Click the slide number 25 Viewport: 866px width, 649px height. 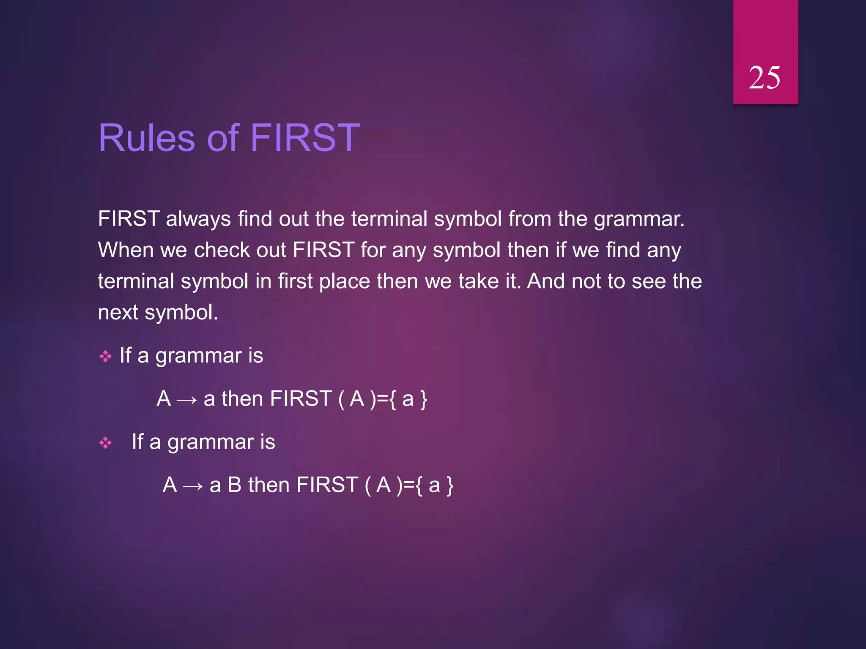(x=764, y=78)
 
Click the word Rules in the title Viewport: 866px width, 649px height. (x=146, y=138)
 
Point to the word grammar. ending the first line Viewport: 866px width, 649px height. (x=639, y=219)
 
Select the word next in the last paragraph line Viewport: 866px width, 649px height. (x=118, y=313)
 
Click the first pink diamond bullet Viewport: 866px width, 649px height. (x=105, y=357)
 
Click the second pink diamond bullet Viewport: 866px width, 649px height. (x=105, y=443)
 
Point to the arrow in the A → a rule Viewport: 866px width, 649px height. (x=187, y=400)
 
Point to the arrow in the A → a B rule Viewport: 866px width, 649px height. (x=193, y=486)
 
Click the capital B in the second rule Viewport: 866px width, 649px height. (x=234, y=485)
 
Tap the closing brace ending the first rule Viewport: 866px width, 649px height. (x=424, y=399)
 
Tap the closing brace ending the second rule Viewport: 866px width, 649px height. (x=450, y=485)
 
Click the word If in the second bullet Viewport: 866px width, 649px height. (x=137, y=442)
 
